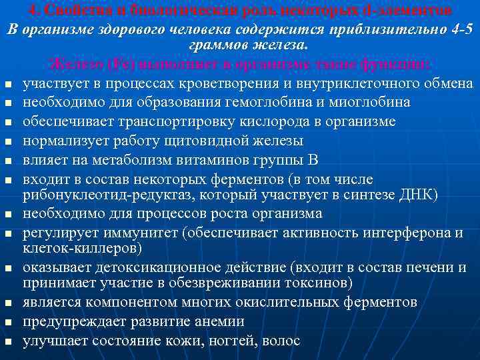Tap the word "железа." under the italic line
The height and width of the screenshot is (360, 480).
click(277, 46)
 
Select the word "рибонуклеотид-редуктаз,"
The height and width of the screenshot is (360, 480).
click(101, 194)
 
